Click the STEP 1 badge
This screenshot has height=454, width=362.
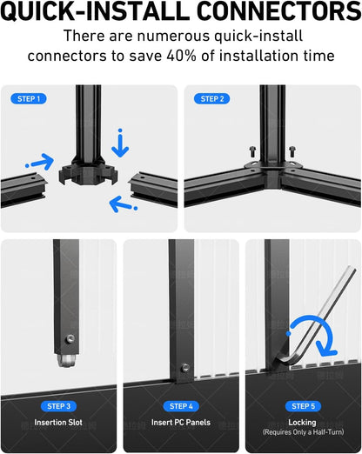pos(29,99)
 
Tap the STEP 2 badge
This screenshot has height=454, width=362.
pos(211,99)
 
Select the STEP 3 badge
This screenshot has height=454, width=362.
pos(58,406)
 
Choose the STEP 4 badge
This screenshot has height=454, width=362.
pos(181,406)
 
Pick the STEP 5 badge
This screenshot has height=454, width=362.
pos(303,406)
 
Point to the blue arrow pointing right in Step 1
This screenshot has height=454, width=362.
pos(40,162)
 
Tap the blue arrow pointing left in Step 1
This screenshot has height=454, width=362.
pos(123,204)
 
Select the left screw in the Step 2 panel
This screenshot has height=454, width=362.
pos(252,151)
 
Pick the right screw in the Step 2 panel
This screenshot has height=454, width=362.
pos(292,151)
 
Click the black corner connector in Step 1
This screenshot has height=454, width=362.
pos(88,172)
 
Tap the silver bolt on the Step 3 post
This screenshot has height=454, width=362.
pos(70,338)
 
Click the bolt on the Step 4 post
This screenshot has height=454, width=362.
pos(185,368)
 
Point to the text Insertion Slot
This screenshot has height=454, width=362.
pos(58,423)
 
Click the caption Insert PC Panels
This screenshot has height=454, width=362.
pos(181,423)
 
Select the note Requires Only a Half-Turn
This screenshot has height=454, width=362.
pos(303,432)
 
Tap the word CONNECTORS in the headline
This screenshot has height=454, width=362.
pos(278,11)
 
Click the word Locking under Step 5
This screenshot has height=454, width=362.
pos(302,423)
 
